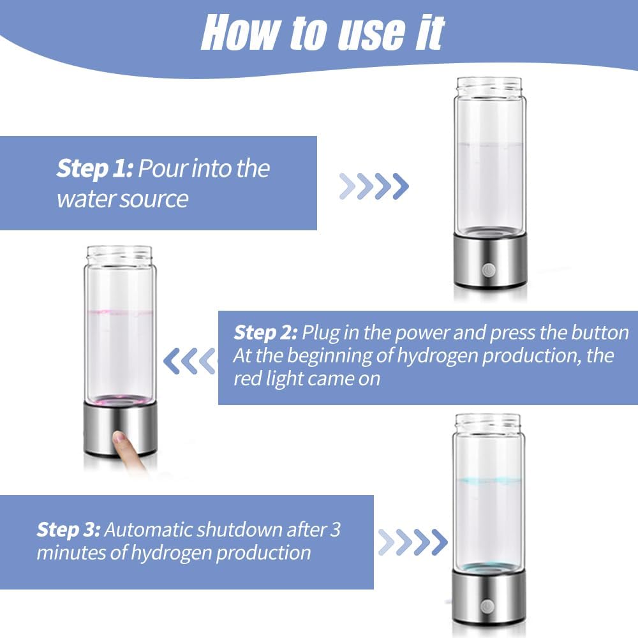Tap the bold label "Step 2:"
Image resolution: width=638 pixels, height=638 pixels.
pyautogui.click(x=265, y=332)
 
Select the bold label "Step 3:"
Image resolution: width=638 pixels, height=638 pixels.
pyautogui.click(x=68, y=529)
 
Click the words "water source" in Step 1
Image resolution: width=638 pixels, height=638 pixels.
pyautogui.click(x=122, y=199)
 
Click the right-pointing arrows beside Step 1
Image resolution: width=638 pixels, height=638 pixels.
pyautogui.click(x=374, y=186)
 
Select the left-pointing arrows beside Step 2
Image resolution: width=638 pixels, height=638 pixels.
pyautogui.click(x=189, y=361)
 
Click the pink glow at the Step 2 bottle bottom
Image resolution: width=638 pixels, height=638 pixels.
pyautogui.click(x=121, y=401)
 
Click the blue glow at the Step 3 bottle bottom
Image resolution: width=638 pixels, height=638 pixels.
pyautogui.click(x=489, y=567)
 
